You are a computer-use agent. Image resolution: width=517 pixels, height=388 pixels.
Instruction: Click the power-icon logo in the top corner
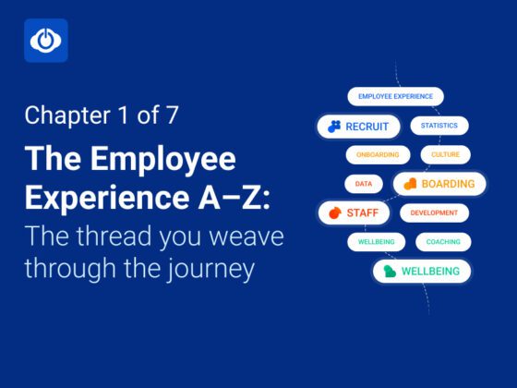(x=45, y=41)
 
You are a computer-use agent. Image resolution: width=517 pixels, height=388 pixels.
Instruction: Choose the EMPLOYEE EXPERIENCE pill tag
(x=395, y=96)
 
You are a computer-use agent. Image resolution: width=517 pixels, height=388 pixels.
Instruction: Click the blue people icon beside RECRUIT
(x=334, y=126)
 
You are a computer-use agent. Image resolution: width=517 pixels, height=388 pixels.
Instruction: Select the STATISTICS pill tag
(x=439, y=126)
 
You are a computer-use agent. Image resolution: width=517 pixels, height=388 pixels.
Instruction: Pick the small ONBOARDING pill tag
(x=378, y=154)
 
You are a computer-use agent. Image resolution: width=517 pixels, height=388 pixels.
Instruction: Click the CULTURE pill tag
(x=445, y=154)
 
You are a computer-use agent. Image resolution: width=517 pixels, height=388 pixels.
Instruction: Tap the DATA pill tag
(x=364, y=184)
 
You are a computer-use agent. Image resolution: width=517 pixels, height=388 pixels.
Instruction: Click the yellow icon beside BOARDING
(x=410, y=184)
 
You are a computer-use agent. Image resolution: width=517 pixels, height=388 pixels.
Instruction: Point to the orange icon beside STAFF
(x=334, y=213)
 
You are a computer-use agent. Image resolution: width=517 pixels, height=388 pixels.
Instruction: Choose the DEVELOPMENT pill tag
(x=434, y=213)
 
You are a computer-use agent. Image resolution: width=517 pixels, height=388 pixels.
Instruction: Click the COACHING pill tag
(x=444, y=242)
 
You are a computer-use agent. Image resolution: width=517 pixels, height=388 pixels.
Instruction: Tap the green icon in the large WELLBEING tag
(x=391, y=272)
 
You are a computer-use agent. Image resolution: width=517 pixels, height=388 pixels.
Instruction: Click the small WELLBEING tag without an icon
(x=376, y=242)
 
